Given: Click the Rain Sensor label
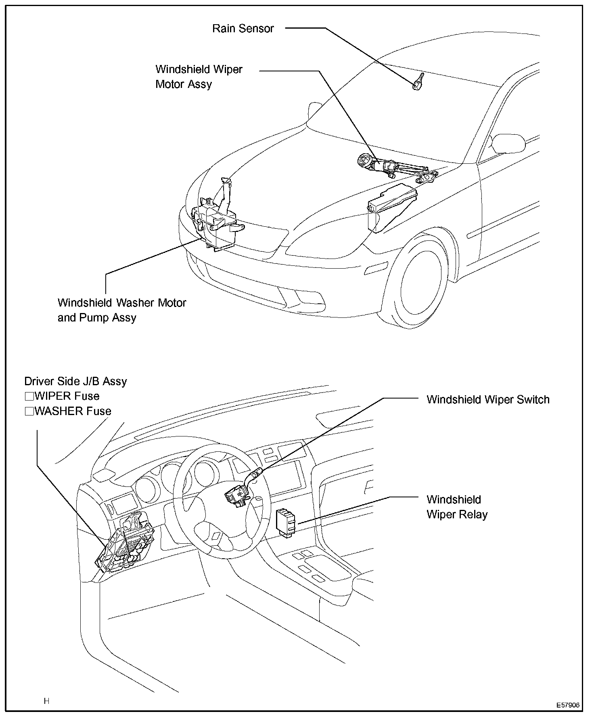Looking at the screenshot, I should (243, 29).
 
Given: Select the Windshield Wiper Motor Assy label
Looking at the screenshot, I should (199, 77).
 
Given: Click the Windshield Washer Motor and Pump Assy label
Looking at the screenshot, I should (121, 310).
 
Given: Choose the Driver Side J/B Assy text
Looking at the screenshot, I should (75, 382).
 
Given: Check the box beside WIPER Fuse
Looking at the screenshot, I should (29, 396).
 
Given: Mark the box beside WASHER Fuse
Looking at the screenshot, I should (29, 411).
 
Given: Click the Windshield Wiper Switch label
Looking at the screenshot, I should (488, 400).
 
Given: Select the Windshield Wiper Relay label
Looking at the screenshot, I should (457, 507).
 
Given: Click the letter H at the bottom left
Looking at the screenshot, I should (47, 701).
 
